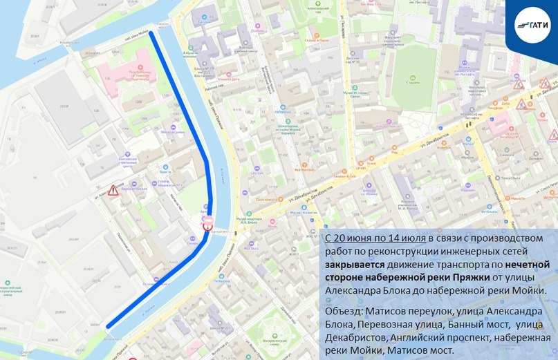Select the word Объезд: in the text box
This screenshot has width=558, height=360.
[x=344, y=312]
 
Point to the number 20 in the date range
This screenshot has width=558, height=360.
[x=344, y=237]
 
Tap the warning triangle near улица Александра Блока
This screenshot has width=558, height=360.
[x=113, y=190]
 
